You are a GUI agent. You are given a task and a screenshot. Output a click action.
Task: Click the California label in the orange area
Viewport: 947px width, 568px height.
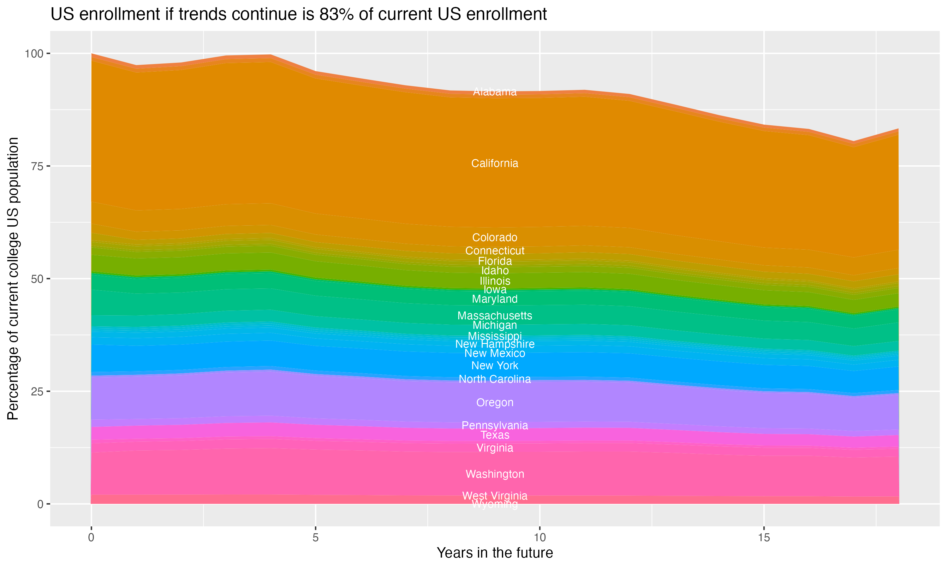click(x=495, y=163)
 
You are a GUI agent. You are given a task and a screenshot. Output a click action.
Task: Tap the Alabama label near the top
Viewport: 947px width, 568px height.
click(x=495, y=92)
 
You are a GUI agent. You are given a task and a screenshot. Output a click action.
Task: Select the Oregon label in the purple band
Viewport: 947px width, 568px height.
click(x=495, y=403)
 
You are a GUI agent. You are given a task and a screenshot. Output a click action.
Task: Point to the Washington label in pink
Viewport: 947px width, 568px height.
click(x=495, y=474)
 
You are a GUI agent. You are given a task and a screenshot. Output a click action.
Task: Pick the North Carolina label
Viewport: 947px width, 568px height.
click(x=495, y=379)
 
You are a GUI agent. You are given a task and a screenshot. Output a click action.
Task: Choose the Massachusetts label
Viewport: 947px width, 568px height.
click(x=495, y=316)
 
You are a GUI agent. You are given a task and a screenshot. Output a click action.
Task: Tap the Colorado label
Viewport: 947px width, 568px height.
click(x=495, y=238)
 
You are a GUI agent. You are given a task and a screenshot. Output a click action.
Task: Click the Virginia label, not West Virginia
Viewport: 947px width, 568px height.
click(x=495, y=448)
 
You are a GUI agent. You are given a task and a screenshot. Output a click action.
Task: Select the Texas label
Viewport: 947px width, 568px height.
click(x=495, y=435)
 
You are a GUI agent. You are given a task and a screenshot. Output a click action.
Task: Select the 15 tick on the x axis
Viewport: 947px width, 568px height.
click(x=764, y=538)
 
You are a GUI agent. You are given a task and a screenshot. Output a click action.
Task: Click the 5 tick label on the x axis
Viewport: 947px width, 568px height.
click(x=315, y=538)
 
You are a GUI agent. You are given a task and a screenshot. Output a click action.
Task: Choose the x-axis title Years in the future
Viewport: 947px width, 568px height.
click(x=495, y=553)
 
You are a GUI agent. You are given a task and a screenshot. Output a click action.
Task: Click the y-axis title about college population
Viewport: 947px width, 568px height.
click(x=13, y=279)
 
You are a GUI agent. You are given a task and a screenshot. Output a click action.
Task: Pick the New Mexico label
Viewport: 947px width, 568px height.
click(x=495, y=353)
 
